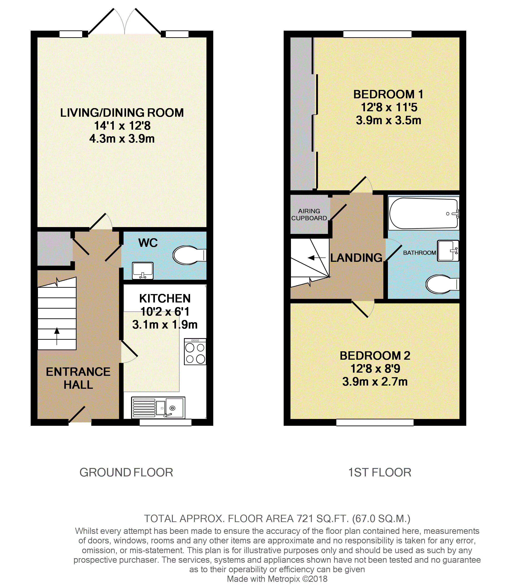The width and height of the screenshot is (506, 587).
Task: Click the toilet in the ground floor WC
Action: point(189,255)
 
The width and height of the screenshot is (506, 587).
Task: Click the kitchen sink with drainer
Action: point(158,408)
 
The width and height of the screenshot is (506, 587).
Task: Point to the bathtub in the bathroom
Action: point(424,213)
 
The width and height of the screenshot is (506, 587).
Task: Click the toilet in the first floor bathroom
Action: point(442,284)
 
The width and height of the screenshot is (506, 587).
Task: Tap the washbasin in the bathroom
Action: point(448,251)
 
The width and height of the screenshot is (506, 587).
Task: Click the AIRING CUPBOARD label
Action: point(309,214)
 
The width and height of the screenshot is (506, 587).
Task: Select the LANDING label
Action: point(356,258)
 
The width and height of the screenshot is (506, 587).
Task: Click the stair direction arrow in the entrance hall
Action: point(57,336)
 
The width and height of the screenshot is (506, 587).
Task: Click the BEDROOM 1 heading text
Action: point(388,94)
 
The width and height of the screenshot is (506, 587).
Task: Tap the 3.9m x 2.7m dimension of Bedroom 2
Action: point(375,381)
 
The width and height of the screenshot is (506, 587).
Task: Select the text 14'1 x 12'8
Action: point(122,126)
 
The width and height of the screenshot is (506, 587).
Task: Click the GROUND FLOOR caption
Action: point(126,472)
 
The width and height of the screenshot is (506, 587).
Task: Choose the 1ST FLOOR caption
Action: point(380,472)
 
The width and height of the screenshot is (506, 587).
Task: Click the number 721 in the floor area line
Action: point(305,518)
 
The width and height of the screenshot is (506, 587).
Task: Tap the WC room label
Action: point(148,243)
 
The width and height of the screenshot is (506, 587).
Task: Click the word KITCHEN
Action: point(165,298)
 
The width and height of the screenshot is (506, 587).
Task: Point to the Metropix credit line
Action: point(277,579)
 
